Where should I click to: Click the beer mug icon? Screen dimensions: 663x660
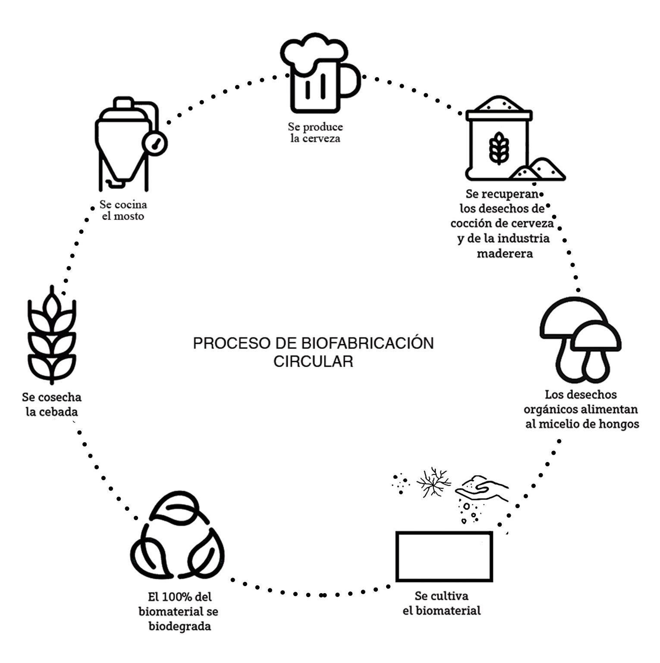tap(317, 73)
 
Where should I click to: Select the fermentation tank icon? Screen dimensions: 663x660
tap(125, 145)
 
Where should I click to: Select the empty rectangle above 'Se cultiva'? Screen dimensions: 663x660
tap(444, 556)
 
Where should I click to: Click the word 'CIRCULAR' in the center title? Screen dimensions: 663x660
tap(313, 361)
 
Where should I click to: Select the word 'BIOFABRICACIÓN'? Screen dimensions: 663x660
tap(367, 343)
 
